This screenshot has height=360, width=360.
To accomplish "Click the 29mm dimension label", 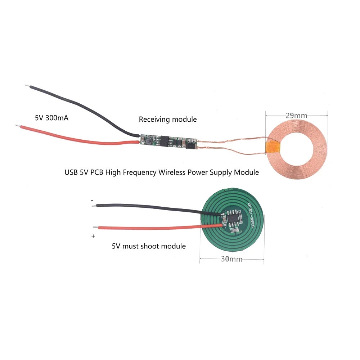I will (297, 116).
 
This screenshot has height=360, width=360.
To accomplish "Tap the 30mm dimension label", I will (232, 259).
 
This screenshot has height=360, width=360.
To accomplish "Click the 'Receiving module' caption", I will (168, 119).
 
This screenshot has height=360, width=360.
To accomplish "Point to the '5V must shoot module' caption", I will (149, 246).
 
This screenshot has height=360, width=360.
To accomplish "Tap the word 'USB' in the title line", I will (71, 172).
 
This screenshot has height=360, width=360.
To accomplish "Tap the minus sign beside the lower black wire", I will (92, 200).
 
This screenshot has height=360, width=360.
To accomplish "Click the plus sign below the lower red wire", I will (93, 236).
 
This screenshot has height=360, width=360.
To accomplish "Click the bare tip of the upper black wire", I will (27, 86).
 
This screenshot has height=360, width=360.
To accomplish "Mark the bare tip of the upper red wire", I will (18, 125).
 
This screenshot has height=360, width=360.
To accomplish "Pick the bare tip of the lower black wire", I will (94, 206).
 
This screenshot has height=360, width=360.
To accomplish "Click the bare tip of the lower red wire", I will (95, 227).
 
